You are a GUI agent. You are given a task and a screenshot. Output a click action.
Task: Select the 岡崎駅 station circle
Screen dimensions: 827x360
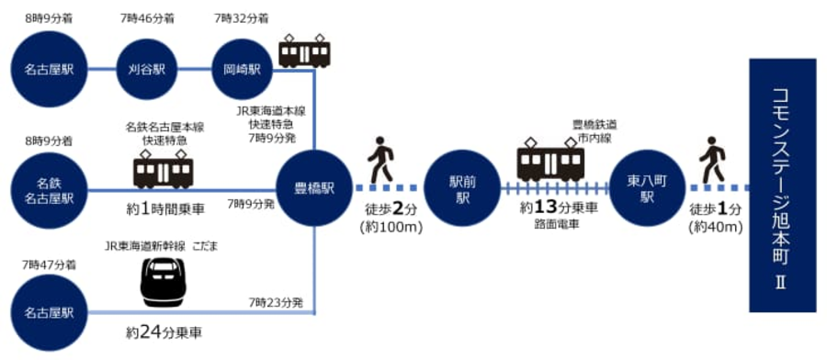[242, 70]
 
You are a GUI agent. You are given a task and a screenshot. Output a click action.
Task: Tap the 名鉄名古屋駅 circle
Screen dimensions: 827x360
[49, 191]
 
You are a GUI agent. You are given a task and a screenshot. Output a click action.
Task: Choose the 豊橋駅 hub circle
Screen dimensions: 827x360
[314, 188]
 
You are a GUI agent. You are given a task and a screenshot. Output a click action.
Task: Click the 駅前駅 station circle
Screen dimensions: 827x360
[462, 188]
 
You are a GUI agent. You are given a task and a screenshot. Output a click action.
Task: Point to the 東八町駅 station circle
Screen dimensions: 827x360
[647, 188]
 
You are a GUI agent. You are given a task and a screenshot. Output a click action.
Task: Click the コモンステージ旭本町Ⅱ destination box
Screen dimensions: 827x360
[783, 186]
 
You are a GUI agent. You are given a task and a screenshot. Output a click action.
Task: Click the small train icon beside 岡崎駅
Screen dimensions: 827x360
[304, 51]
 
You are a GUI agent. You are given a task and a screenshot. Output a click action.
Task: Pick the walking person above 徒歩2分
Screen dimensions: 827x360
[381, 159]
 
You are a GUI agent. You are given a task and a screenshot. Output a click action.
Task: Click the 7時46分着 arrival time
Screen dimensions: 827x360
[145, 19]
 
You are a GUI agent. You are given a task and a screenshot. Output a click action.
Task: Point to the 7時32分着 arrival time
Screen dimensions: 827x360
[242, 19]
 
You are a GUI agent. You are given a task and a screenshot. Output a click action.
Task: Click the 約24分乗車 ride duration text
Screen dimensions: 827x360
[164, 332]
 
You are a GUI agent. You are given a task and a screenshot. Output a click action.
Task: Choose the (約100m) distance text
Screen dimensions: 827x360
[391, 230]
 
